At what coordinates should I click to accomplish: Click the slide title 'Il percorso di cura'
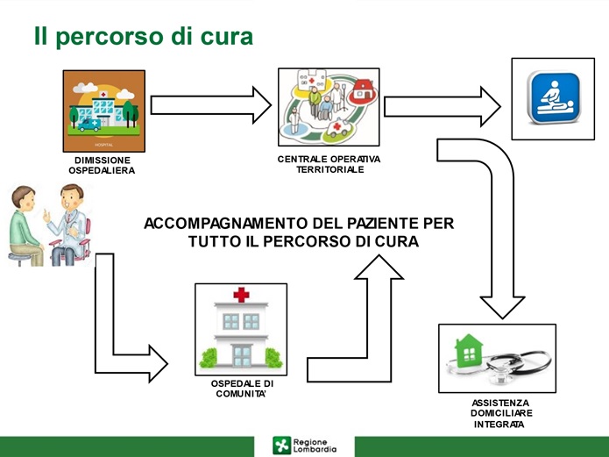[144, 37]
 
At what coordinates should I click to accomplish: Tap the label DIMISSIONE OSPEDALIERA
[103, 165]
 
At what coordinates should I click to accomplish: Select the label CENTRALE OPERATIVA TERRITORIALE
[329, 164]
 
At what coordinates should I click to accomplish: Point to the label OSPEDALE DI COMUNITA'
[242, 389]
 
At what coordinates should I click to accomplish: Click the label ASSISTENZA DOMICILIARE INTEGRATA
[501, 413]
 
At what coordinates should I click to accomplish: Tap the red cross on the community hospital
[241, 295]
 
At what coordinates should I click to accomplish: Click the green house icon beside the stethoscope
[469, 351]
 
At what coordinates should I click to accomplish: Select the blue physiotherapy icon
[554, 97]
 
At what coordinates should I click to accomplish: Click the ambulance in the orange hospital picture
[89, 125]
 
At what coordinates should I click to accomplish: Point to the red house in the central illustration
[363, 90]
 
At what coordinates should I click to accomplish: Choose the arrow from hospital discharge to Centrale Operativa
[211, 105]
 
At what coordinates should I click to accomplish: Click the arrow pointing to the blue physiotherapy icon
[443, 106]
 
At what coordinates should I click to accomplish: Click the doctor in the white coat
[68, 225]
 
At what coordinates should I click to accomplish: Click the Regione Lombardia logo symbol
[281, 446]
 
